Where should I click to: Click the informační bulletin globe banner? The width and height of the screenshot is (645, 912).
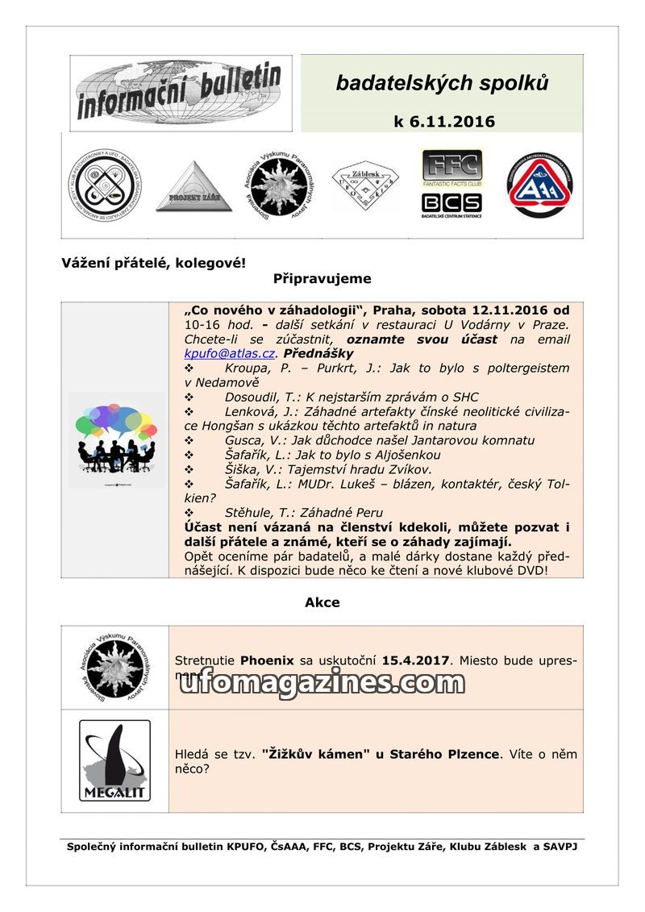[x=181, y=93]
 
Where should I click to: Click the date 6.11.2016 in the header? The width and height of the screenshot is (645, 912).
[x=444, y=122]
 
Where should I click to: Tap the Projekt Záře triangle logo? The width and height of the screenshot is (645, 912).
[x=193, y=187]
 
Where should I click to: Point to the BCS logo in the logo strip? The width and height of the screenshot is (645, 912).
[x=451, y=202]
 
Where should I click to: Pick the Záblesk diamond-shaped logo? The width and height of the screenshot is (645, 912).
[x=364, y=185]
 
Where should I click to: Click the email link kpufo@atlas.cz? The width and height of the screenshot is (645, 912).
[x=231, y=353]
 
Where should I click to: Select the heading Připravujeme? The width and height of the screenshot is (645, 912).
[x=322, y=279]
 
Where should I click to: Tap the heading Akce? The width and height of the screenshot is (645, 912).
[x=322, y=602]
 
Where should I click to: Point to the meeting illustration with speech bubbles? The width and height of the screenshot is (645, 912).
[x=116, y=439]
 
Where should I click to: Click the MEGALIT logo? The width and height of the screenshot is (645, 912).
[x=114, y=760]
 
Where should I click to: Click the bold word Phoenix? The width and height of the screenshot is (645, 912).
[x=268, y=660]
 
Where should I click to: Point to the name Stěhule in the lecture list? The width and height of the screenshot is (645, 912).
[x=249, y=513]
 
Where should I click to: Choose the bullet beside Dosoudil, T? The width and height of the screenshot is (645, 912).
[x=189, y=397]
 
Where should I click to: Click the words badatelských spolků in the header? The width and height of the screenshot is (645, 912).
[x=442, y=83]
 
